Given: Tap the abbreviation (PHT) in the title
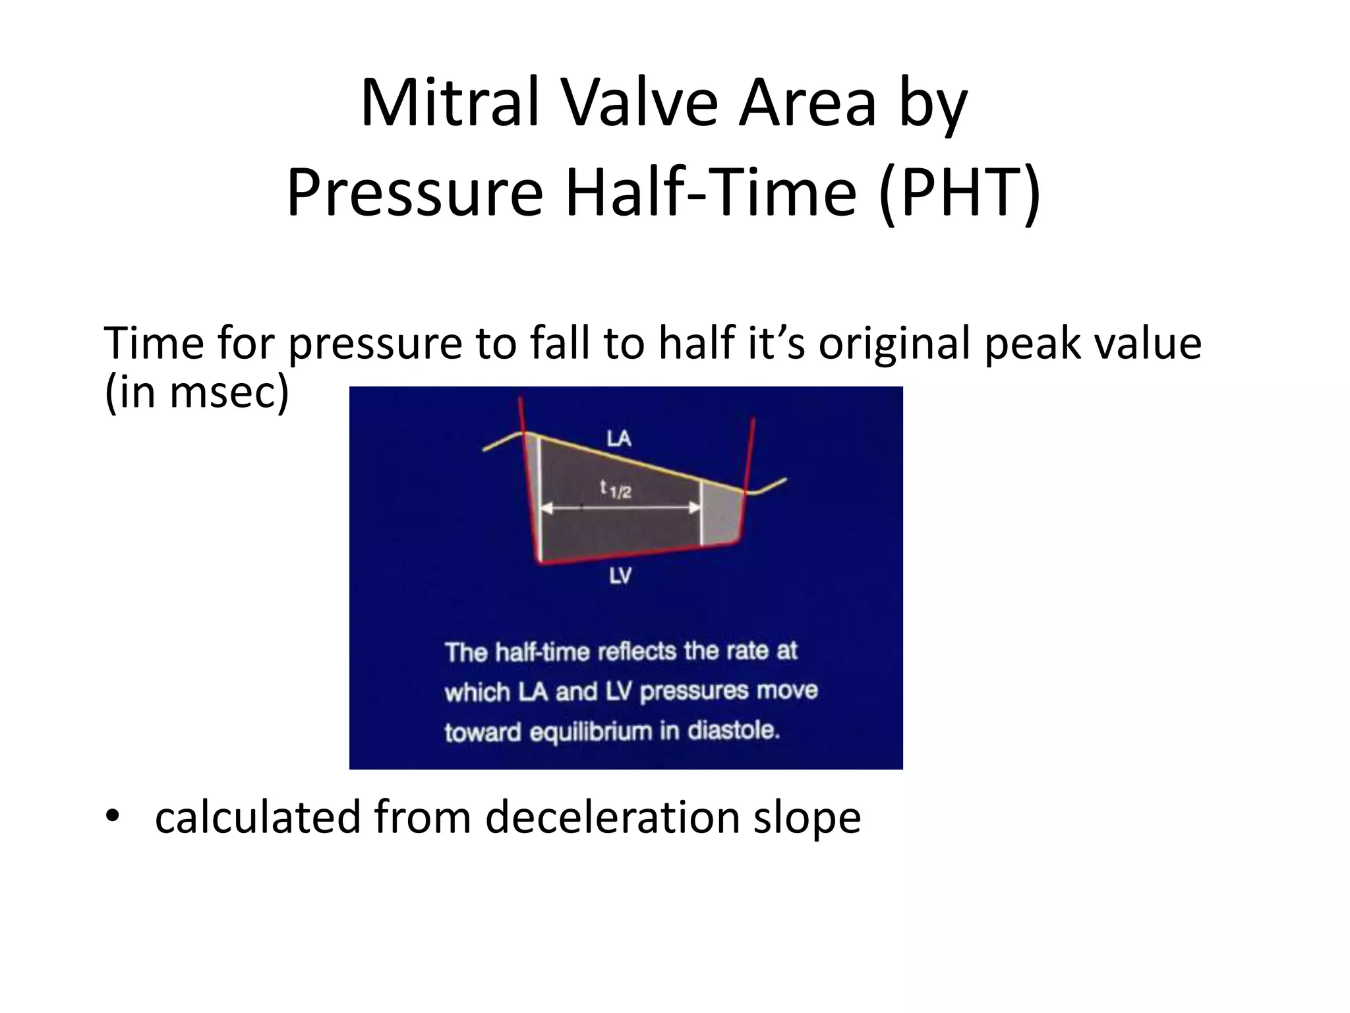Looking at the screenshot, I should click(960, 192).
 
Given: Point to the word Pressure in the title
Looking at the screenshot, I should click(415, 192).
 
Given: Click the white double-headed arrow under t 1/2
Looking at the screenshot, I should click(620, 507).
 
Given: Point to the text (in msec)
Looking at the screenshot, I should click(196, 392).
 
